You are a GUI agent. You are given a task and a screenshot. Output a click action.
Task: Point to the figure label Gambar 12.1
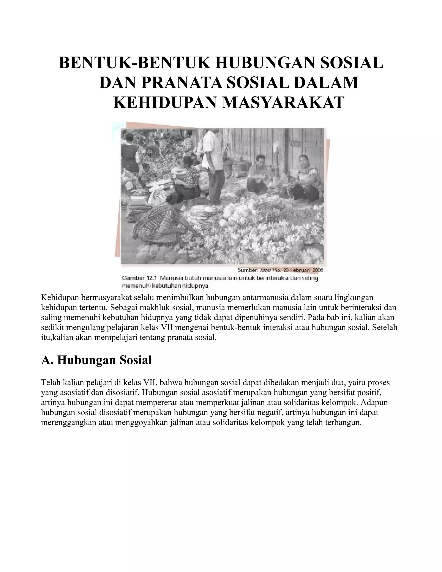(139, 278)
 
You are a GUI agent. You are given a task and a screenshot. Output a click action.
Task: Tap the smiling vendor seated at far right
(306, 178)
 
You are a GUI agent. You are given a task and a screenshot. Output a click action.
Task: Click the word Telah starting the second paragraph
(51, 383)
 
